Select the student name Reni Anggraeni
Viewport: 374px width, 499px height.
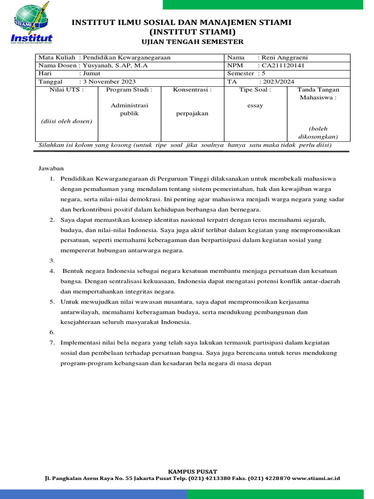pyautogui.click(x=284, y=58)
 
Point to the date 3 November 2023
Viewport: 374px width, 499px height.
pyautogui.click(x=110, y=81)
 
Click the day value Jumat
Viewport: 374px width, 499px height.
pyautogui.click(x=92, y=74)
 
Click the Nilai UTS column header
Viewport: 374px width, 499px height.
pyautogui.click(x=67, y=90)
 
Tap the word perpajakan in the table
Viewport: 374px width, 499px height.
pyautogui.click(x=192, y=113)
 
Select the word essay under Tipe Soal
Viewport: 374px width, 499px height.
pyautogui.click(x=255, y=105)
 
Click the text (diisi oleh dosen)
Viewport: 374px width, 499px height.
pyautogui.click(x=67, y=121)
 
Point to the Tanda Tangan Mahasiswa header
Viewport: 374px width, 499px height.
pyautogui.click(x=318, y=94)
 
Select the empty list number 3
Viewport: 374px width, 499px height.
pyautogui.click(x=52, y=261)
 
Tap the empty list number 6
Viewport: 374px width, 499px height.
pyautogui.click(x=52, y=332)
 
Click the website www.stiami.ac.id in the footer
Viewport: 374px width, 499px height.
pyautogui.click(x=316, y=479)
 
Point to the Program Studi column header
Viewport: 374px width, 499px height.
pyautogui.click(x=129, y=90)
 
